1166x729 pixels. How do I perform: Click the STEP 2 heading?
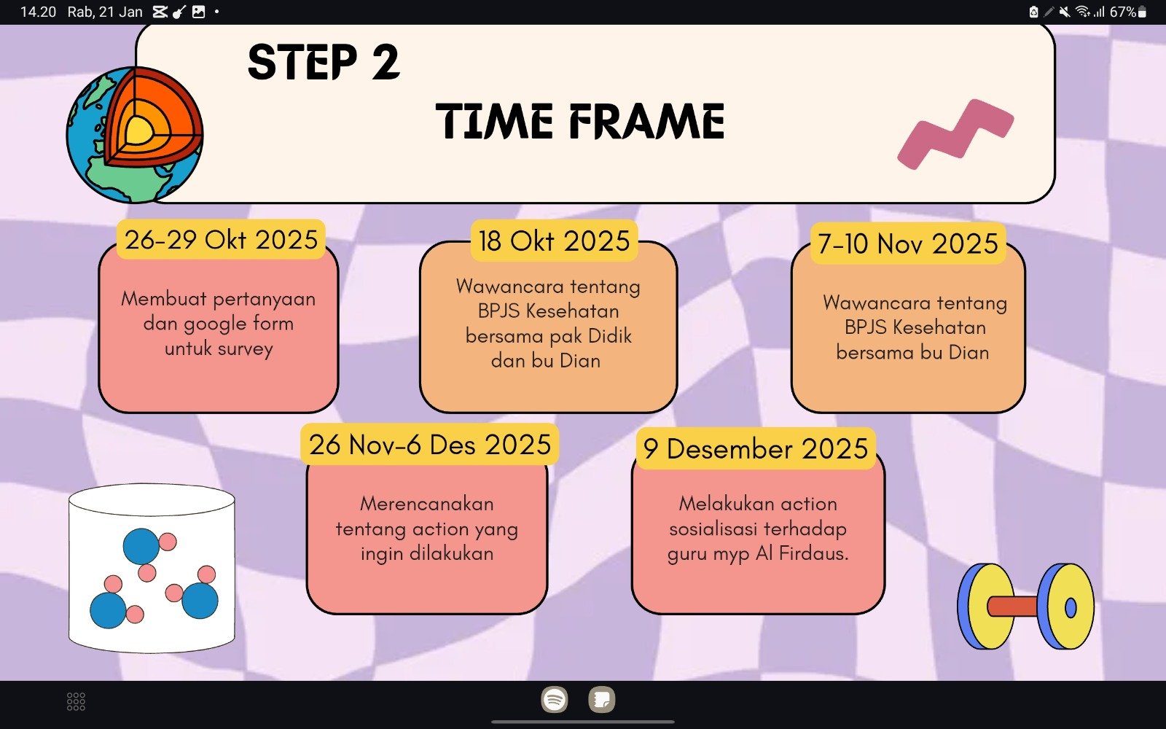[324, 62]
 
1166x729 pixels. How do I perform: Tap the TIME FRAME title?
[580, 121]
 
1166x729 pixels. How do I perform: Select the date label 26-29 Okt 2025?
[221, 240]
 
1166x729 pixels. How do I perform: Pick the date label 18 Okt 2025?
[555, 241]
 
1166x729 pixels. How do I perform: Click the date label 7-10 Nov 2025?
[908, 243]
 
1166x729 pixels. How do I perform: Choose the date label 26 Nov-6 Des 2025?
[429, 444]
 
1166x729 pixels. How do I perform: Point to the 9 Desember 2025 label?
[755, 448]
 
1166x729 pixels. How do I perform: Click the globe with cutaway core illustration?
[135, 134]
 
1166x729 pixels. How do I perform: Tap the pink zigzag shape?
[955, 134]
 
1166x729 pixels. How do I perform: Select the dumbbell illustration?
[1025, 606]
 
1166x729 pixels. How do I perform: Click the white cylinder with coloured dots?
[152, 568]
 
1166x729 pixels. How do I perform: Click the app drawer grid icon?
[76, 701]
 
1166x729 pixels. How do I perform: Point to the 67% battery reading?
[1123, 12]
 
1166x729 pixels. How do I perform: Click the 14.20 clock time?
[38, 12]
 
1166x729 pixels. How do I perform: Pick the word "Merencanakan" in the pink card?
[427, 504]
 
